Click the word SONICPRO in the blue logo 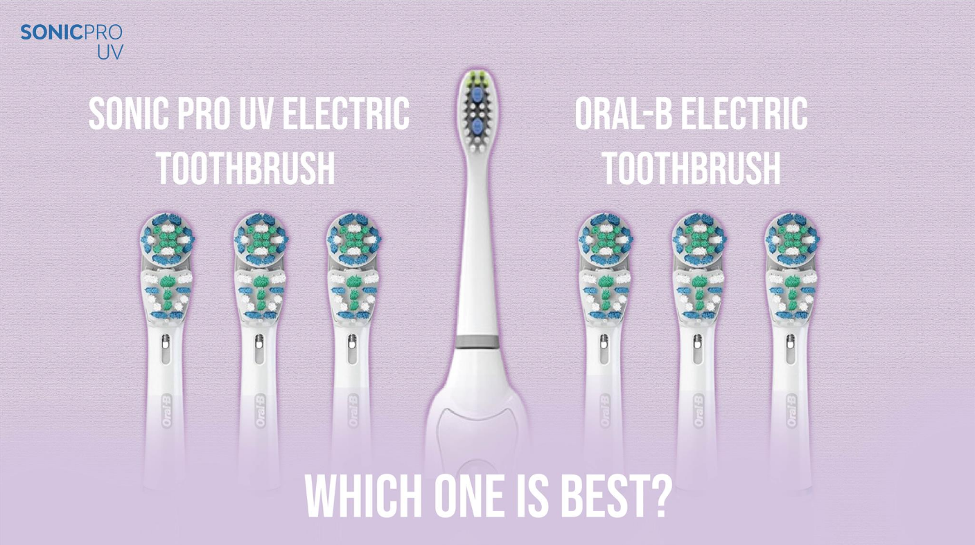coord(71,32)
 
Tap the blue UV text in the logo coord(109,53)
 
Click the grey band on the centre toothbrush coord(477,342)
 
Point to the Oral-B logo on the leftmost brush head coord(166,409)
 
